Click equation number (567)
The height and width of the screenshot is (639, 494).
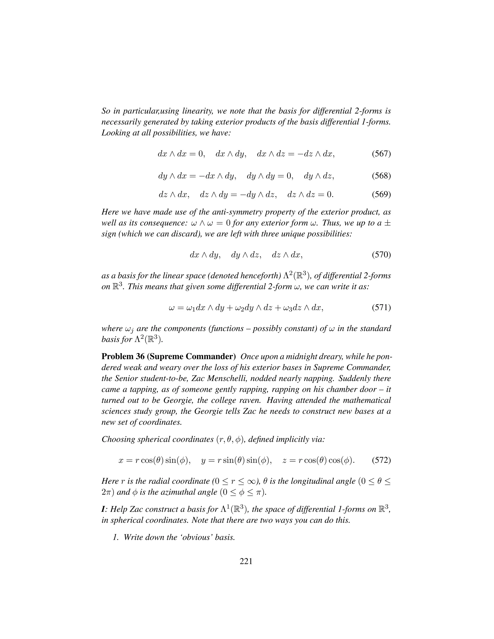coord(381,154)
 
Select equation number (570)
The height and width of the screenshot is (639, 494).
coord(381,255)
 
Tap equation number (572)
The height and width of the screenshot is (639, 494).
coord(381,460)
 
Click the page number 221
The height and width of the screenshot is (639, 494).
coord(246,561)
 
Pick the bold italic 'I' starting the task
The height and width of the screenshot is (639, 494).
coord(103,509)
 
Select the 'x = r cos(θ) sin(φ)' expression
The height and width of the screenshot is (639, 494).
coord(154,461)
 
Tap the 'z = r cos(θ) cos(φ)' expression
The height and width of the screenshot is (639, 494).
coord(318,461)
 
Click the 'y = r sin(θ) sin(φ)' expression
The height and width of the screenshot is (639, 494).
coord(236,461)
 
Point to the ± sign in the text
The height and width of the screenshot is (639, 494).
coord(388,223)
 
